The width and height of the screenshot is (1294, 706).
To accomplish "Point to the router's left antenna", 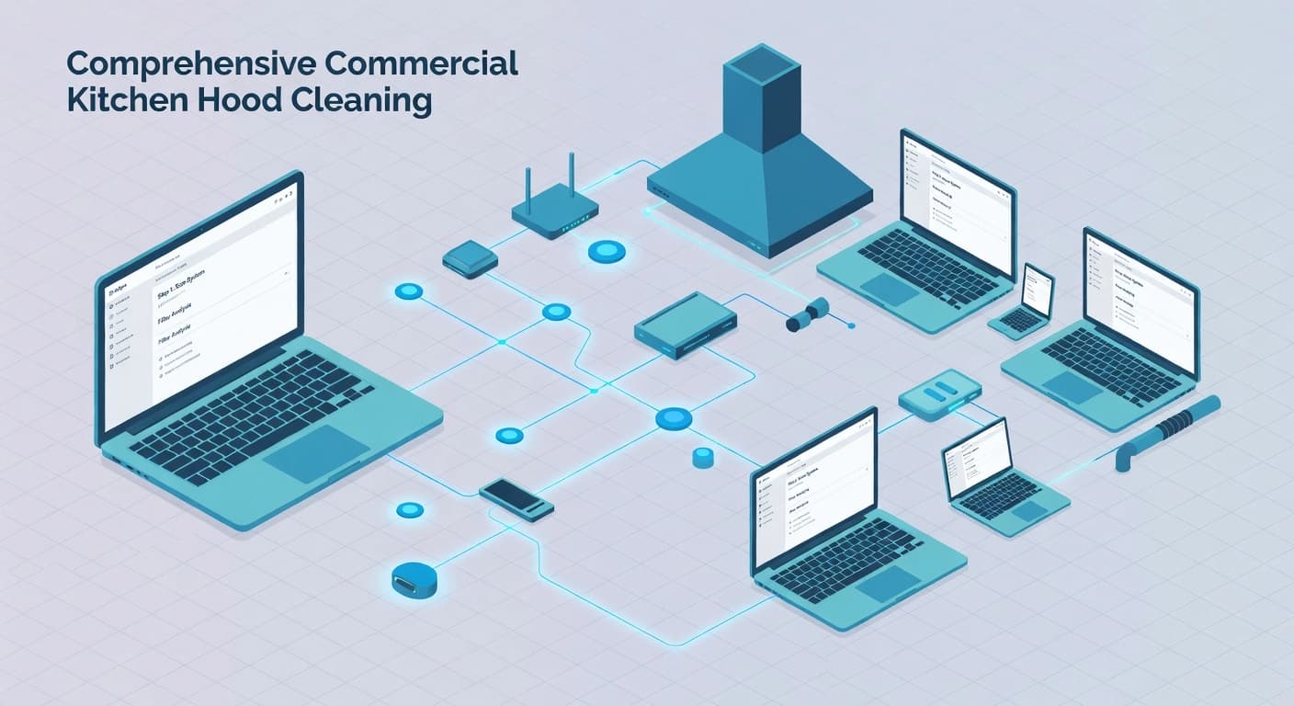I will point(528,188).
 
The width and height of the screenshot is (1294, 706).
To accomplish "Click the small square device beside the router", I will point(470,258).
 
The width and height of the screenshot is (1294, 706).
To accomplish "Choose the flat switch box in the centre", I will point(684,325).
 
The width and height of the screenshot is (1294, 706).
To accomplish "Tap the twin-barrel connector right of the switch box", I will point(808,314).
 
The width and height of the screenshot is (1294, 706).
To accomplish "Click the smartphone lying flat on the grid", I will point(516,497).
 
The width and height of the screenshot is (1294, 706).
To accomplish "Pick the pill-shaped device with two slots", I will point(938,394).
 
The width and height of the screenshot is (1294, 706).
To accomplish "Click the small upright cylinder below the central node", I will point(703,457).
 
